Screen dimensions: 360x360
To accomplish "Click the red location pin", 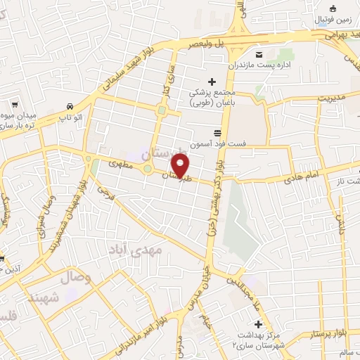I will [x=181, y=166].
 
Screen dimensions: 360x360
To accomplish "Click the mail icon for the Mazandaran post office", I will [x=259, y=55].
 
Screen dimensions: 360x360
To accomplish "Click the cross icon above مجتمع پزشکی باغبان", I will [x=212, y=82].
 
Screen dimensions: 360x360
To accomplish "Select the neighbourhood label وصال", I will [x=76, y=277].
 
